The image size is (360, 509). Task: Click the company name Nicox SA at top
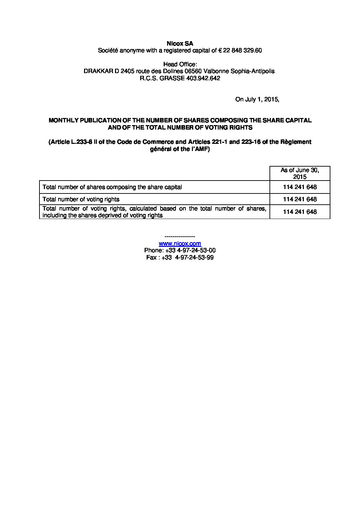(x=180, y=44)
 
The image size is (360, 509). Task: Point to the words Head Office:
(x=180, y=64)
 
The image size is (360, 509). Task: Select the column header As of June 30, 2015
(x=299, y=173)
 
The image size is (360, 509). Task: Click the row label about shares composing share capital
(x=112, y=187)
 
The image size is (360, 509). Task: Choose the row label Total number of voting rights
(x=81, y=199)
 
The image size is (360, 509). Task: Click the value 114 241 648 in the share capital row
(x=299, y=187)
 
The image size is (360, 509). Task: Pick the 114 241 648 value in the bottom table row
(x=299, y=212)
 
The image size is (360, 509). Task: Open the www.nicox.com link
(x=180, y=243)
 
